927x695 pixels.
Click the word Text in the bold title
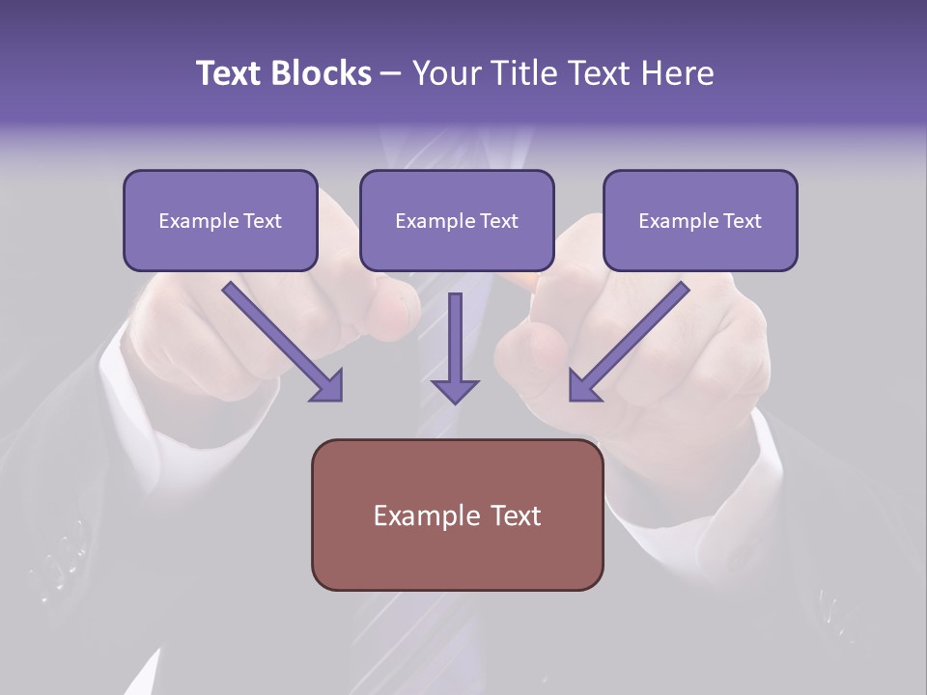point(229,73)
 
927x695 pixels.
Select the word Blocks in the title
point(321,73)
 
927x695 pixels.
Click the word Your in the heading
point(447,73)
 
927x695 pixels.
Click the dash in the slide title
point(391,74)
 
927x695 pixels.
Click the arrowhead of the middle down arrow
point(455,390)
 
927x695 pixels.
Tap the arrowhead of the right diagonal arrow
point(582,385)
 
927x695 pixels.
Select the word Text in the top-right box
point(742,221)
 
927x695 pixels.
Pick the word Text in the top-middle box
point(498,221)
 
